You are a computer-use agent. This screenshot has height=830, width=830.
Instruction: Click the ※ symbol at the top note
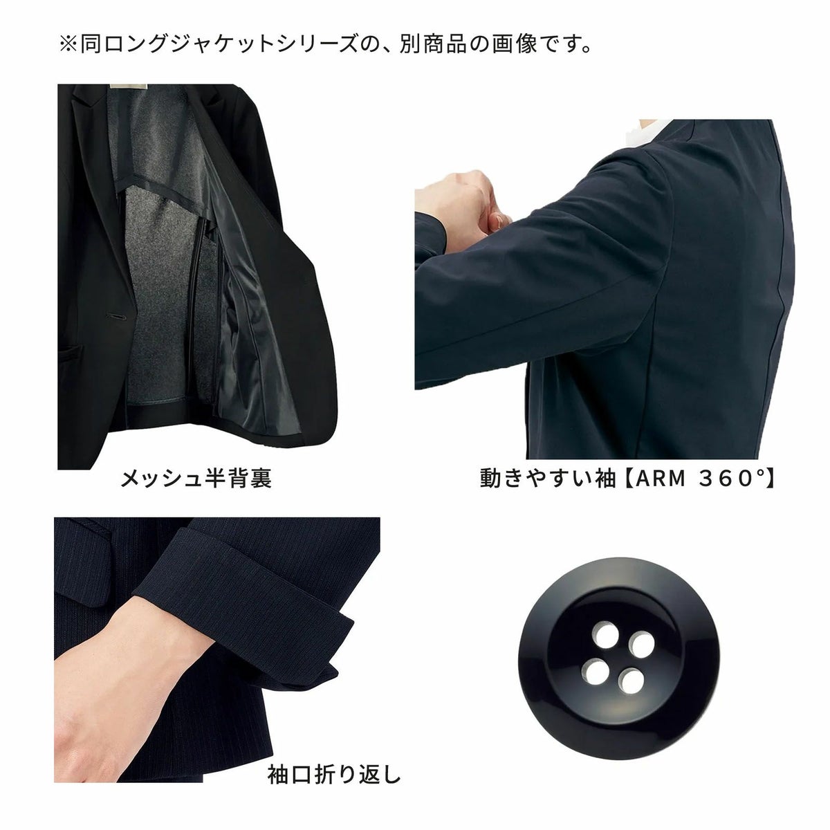(68, 44)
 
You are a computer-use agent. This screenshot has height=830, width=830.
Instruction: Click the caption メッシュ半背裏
(196, 479)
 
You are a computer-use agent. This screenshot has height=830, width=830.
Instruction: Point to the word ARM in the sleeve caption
(659, 479)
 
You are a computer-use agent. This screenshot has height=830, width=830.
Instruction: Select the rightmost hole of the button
(641, 645)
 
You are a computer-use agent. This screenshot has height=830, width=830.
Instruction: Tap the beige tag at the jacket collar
(129, 86)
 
